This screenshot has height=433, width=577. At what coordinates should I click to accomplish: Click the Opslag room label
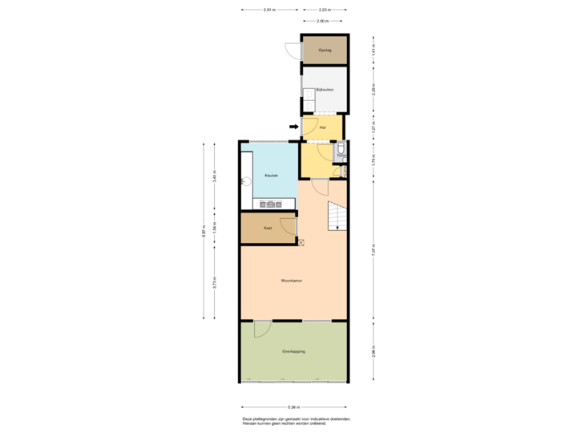[x=325, y=51]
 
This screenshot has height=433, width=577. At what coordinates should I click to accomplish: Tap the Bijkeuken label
[x=325, y=89]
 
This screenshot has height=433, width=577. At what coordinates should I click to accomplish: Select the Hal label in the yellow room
[x=322, y=127]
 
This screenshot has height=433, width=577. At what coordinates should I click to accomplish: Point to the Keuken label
[x=272, y=176]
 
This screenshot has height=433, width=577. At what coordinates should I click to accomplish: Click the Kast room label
[x=268, y=229]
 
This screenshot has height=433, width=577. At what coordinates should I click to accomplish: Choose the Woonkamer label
[x=291, y=281]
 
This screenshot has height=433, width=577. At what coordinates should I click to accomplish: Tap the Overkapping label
[x=293, y=351]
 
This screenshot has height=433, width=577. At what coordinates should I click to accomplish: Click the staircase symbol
[x=336, y=216]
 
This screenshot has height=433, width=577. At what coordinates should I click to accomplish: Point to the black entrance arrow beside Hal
[x=293, y=126]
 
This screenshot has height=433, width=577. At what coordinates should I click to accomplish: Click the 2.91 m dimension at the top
[x=269, y=10]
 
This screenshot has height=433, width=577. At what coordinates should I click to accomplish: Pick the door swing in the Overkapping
[x=261, y=329]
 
